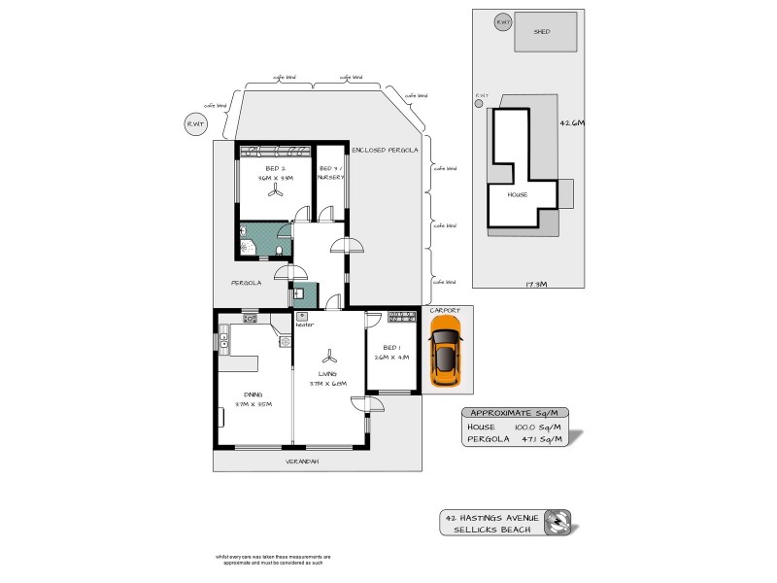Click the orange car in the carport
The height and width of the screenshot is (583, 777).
[x=446, y=356]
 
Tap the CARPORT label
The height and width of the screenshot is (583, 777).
[x=445, y=311]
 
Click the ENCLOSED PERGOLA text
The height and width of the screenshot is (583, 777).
[x=386, y=151]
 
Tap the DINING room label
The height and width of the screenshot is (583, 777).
[x=255, y=394]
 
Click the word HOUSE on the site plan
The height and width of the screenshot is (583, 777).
[x=517, y=193]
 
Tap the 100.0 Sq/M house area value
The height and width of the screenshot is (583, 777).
[x=529, y=426]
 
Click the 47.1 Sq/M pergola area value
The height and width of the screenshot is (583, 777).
[x=529, y=439]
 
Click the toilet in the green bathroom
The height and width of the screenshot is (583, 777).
[x=280, y=251]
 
